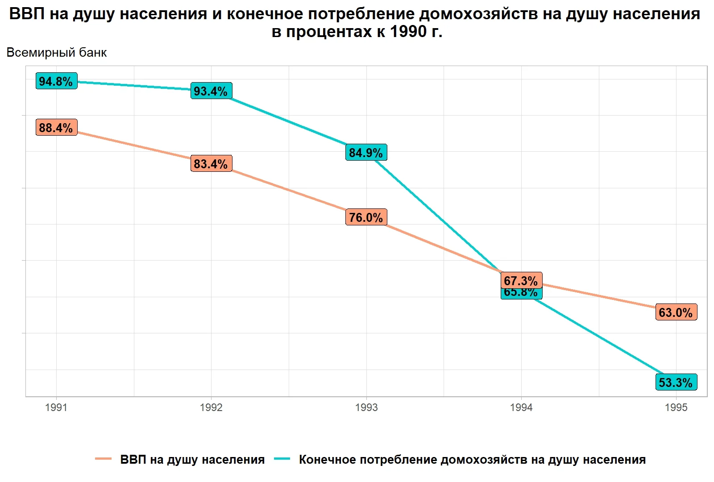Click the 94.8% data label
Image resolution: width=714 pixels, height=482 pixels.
click(x=56, y=81)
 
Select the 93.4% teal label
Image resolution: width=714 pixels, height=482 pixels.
click(x=211, y=91)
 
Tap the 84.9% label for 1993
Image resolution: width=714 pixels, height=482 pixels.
click(x=366, y=153)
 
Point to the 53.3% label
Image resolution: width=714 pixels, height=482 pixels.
click(x=676, y=382)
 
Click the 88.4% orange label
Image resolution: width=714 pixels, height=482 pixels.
click(x=56, y=128)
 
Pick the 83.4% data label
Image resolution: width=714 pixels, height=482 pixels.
click(x=211, y=164)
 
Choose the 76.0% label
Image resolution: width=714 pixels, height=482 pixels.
click(x=366, y=217)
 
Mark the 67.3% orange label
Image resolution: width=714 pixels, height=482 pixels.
click(x=521, y=281)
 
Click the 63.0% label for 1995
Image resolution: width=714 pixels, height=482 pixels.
click(x=676, y=312)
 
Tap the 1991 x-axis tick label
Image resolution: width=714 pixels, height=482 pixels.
click(x=56, y=407)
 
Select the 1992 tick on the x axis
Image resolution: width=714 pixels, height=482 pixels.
click(x=211, y=407)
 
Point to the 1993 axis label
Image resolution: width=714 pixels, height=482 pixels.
click(x=366, y=407)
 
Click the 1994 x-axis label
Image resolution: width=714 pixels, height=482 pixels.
click(x=521, y=407)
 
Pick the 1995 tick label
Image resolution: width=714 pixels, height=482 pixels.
click(x=676, y=407)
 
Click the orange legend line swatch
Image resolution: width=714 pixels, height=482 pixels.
click(x=103, y=459)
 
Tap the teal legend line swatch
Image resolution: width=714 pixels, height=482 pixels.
click(x=282, y=459)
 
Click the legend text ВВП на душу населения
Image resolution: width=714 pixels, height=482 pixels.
click(x=192, y=460)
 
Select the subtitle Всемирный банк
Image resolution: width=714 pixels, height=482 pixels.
click(x=57, y=53)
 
